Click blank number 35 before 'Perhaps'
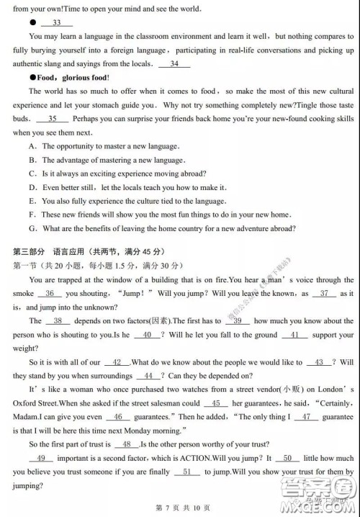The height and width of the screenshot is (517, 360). (x=52, y=119)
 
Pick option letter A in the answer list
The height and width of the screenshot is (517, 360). (x=33, y=146)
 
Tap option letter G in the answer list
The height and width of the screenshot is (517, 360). (x=33, y=228)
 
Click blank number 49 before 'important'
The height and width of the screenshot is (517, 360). (x=41, y=458)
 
